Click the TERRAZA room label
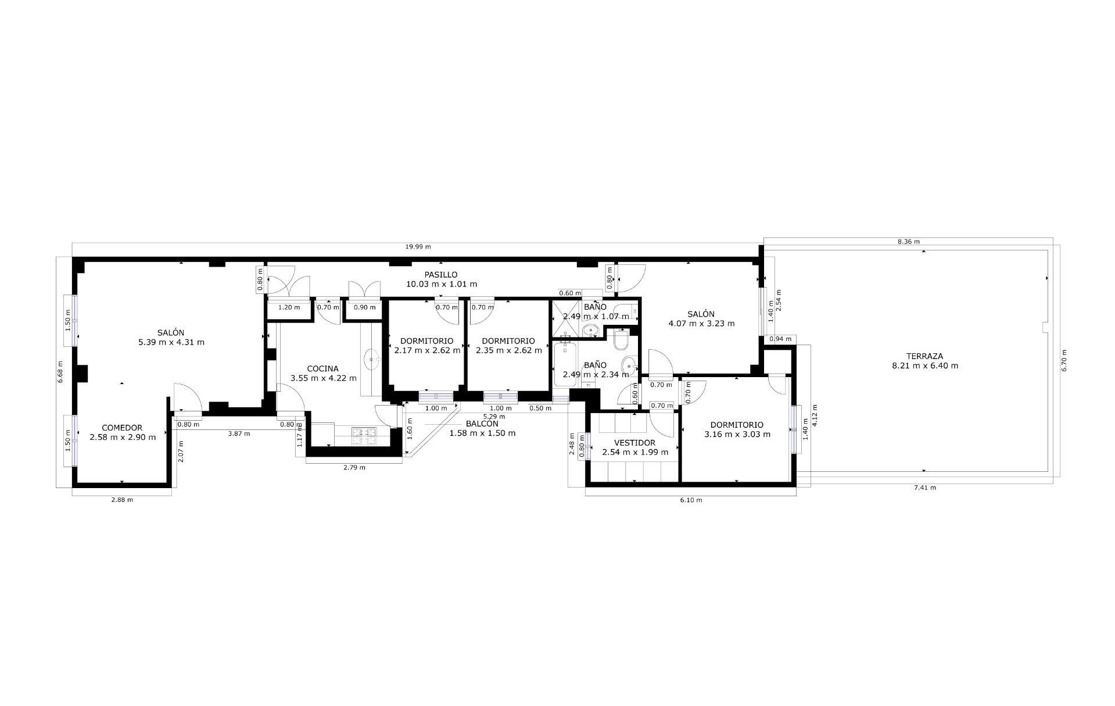click(924, 356)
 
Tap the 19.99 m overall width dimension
click(418, 247)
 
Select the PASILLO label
click(440, 275)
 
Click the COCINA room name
click(322, 368)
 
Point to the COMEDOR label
click(122, 428)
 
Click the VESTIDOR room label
click(634, 443)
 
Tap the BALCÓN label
click(482, 424)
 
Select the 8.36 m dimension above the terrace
click(908, 241)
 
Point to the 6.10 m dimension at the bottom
click(691, 500)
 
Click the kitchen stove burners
click(365, 436)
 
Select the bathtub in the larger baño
click(566, 364)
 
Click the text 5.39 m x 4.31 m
click(171, 342)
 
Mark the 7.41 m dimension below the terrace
click(924, 488)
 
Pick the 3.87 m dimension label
click(239, 434)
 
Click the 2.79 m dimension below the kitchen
click(354, 467)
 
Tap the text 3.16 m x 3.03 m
click(737, 434)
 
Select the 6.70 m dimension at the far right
click(1064, 360)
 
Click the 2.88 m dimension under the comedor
click(121, 500)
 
